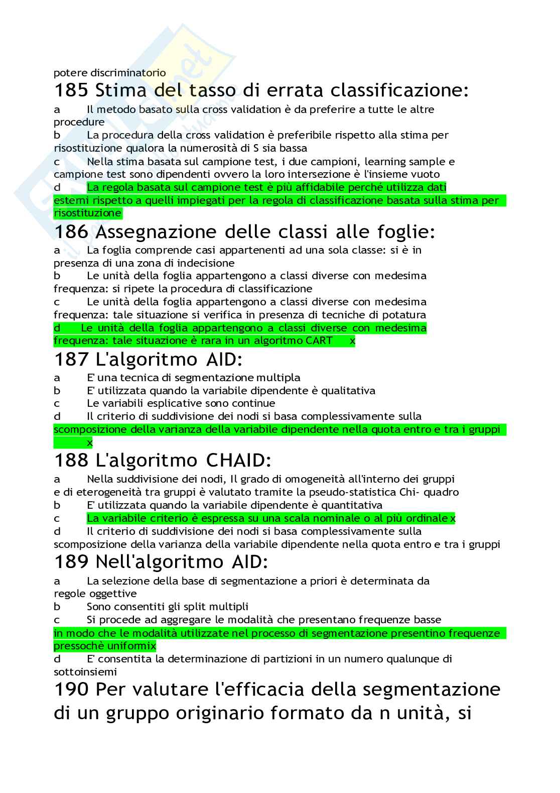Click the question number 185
[71, 90]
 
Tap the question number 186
[71, 232]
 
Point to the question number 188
[71, 460]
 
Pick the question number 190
[71, 689]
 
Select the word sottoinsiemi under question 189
[85, 672]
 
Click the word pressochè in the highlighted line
[78, 646]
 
